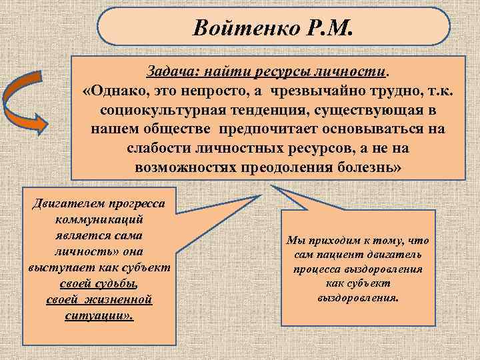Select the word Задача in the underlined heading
point(168,71)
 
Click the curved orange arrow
point(26,102)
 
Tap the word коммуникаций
point(99,219)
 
